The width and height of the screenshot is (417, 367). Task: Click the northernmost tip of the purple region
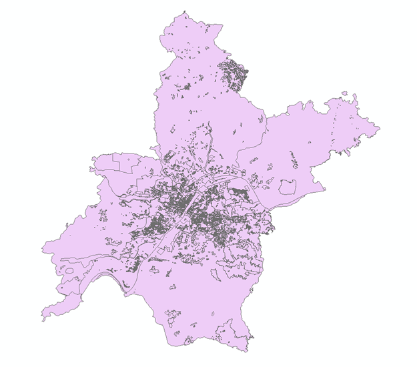tap(185, 12)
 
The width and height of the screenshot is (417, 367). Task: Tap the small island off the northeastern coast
tap(344, 93)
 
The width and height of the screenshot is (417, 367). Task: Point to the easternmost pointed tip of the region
tap(379, 126)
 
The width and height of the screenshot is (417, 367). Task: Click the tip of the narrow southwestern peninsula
tap(43, 318)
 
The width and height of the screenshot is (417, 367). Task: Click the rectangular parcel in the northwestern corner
tap(123, 160)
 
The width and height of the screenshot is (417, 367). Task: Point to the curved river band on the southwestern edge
tap(100, 275)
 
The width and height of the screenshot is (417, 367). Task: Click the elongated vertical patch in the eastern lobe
tap(292, 159)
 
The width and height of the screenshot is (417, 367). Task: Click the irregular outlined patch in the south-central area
tap(171, 313)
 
